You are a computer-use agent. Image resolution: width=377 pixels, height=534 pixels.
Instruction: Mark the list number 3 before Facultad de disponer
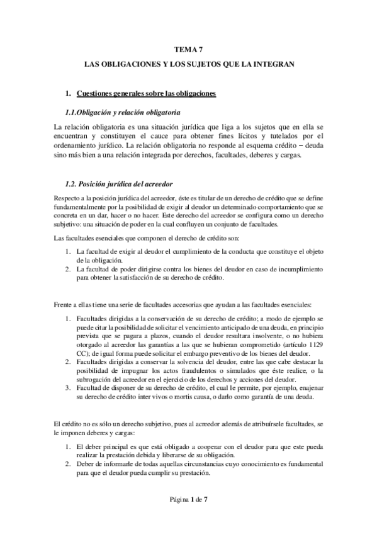point(68,389)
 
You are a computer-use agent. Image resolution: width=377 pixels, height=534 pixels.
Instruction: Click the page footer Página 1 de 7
point(188,500)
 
